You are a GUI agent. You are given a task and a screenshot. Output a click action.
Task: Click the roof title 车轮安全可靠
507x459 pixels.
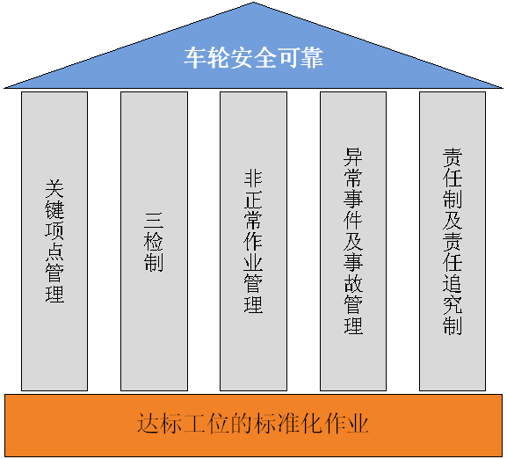click(253, 58)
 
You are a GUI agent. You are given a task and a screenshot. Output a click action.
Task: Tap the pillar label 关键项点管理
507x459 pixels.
click(54, 241)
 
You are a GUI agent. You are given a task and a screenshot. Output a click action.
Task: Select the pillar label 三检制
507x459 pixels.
click(154, 241)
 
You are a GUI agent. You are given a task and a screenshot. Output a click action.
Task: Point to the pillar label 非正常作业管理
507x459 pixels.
click(253, 241)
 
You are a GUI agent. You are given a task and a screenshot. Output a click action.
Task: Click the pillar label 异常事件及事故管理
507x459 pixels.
click(353, 241)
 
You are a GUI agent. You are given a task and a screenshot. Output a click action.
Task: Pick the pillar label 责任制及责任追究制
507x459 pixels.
click(453, 241)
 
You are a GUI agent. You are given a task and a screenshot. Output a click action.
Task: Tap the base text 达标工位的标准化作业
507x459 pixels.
click(253, 423)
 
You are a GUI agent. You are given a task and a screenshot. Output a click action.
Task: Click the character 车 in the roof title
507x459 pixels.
click(195, 58)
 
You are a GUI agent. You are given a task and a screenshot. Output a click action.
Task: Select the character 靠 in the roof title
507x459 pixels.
click(312, 58)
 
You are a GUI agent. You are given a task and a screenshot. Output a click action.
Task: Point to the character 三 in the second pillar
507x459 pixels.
click(154, 221)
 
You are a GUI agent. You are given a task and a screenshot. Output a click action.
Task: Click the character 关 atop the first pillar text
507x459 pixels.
click(54, 189)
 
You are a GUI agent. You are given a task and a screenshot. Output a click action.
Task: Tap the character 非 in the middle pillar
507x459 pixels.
click(253, 179)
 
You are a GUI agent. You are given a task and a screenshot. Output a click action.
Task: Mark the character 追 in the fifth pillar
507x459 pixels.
click(453, 283)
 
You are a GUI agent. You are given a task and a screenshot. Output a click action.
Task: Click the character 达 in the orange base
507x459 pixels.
click(148, 423)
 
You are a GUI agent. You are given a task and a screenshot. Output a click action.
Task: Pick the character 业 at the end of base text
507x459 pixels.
click(358, 423)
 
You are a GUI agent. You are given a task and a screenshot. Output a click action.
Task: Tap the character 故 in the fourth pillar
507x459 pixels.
click(353, 283)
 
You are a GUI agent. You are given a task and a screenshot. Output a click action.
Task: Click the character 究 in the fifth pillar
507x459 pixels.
click(453, 304)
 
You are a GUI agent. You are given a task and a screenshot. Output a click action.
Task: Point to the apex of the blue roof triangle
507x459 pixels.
click(253, 3)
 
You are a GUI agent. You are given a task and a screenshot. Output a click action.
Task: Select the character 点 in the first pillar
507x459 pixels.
click(54, 251)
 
